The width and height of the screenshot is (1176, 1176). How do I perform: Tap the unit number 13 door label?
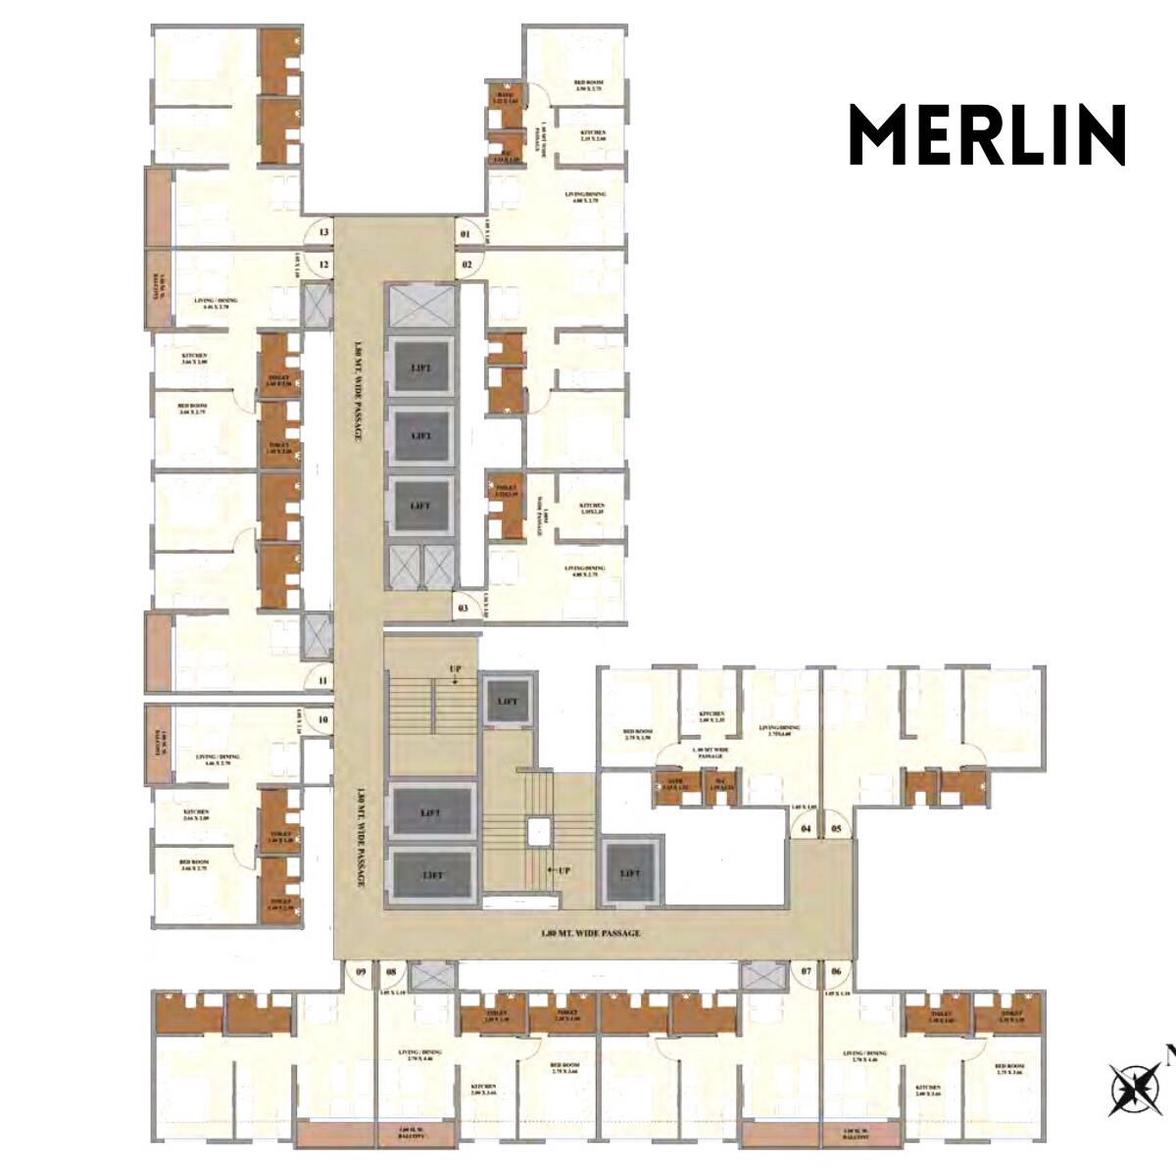[x=323, y=232]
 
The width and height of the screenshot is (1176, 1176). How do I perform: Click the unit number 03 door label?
[x=465, y=609]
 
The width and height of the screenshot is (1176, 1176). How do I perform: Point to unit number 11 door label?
[x=323, y=680]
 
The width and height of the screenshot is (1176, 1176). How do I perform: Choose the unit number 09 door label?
[x=361, y=972]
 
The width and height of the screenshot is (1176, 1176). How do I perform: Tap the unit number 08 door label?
[x=391, y=972]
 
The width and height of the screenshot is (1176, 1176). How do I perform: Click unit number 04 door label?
[x=806, y=828]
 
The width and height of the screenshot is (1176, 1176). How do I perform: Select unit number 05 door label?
[x=836, y=828]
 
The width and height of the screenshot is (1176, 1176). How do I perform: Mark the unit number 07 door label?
[x=806, y=972]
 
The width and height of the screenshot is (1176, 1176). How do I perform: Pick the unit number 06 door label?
[x=836, y=972]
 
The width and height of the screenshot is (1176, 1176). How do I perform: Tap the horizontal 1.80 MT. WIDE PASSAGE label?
[x=590, y=933]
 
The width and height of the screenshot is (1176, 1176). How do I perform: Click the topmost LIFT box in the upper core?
[x=421, y=367]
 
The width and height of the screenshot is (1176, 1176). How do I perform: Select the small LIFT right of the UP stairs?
[x=507, y=702]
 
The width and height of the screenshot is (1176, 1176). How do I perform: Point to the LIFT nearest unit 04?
[x=629, y=874]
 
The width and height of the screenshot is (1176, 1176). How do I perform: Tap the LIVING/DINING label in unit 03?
[x=585, y=571]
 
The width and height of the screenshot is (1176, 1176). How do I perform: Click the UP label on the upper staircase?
[x=455, y=668]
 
